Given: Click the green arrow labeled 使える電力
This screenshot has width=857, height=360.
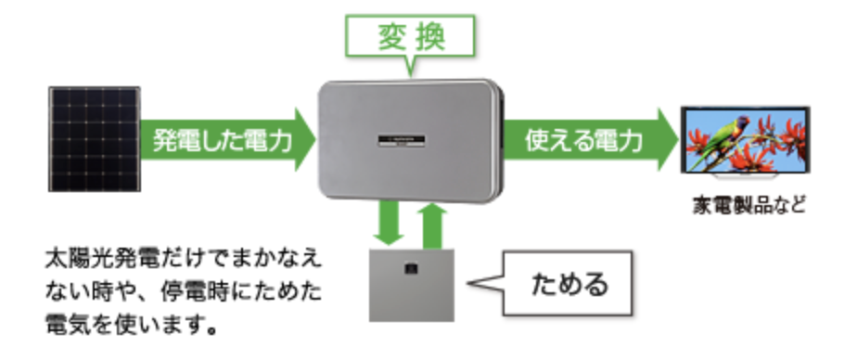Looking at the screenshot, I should pos(594,141).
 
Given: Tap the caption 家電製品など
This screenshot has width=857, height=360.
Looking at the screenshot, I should pos(748,203).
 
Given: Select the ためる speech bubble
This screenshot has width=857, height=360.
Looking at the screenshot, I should pos(567,282).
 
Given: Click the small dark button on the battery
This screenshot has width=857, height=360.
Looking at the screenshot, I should pos(411,270).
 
